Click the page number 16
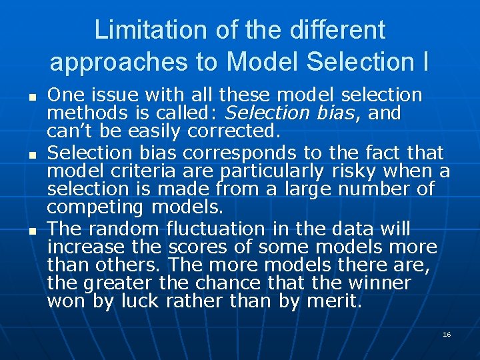pos(447,333)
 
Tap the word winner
pos(381,283)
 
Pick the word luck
pos(139,301)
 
